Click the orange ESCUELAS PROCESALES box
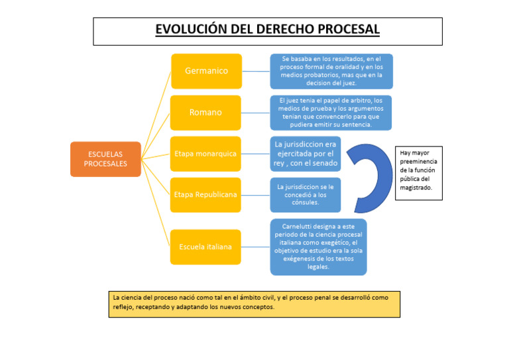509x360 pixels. (x=105, y=159)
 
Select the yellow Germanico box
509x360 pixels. (x=206, y=71)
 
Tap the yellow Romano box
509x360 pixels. (x=205, y=112)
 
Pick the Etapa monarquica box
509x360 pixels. (x=205, y=154)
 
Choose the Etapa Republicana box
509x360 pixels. (x=205, y=195)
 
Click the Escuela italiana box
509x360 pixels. (x=205, y=247)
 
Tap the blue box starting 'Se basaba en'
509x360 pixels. (x=331, y=71)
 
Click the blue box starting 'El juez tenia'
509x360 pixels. (x=331, y=112)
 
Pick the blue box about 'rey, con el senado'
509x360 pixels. (x=306, y=154)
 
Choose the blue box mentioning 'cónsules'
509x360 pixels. (x=306, y=195)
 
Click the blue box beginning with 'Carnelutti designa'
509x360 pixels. (x=318, y=247)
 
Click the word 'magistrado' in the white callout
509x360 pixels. (x=416, y=188)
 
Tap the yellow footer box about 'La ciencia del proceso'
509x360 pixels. (x=254, y=303)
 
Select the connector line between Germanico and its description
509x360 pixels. (x=256, y=71)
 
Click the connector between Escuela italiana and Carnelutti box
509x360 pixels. (x=256, y=247)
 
